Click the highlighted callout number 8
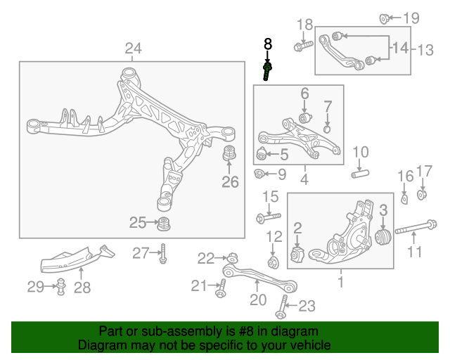coord(267,44)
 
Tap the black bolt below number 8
coord(267,71)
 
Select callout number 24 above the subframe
coord(133,49)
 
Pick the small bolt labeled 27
coord(163,253)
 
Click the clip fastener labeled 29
coord(60,287)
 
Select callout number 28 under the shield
coord(82,287)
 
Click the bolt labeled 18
coord(304,46)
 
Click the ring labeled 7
coord(328,128)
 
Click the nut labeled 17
coord(423,194)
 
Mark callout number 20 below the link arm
coord(258,300)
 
